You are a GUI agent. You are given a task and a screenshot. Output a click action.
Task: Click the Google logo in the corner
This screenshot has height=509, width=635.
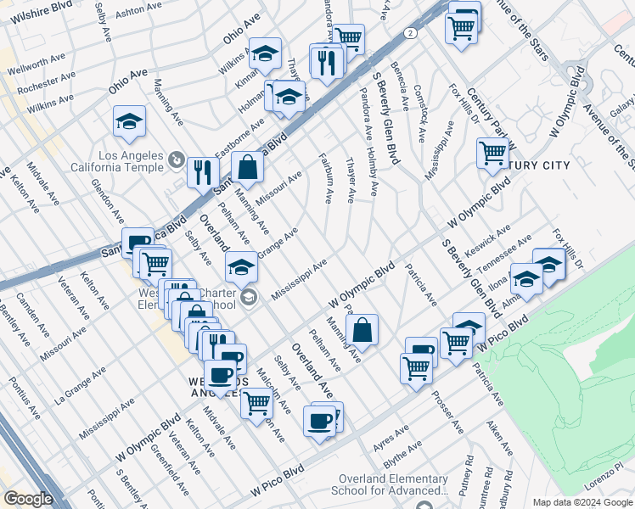point(28,499)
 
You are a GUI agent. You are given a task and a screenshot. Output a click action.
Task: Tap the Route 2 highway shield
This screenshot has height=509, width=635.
point(410,32)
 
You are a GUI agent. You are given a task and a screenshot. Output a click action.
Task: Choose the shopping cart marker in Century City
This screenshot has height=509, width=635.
point(492,154)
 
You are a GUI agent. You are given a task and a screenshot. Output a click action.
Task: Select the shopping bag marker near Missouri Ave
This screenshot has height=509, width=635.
point(246,168)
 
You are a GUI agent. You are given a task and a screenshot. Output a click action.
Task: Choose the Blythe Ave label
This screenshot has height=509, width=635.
point(402,456)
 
